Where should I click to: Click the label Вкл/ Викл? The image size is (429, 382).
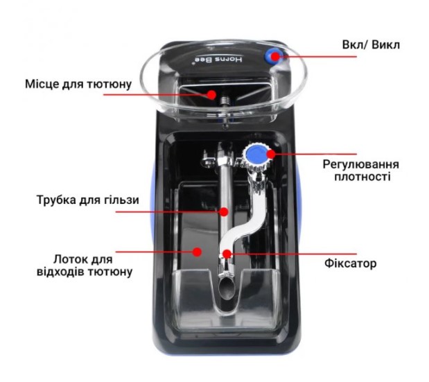[371, 45]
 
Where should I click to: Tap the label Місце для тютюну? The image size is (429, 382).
[78, 84]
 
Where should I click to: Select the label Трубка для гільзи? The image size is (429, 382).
[87, 200]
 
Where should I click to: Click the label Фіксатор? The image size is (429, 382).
[350, 263]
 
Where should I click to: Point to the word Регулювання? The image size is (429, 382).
[360, 164]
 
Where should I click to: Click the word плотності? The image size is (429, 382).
[362, 177]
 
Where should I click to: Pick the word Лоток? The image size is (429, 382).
[67, 259]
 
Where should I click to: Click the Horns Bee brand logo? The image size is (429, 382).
[218, 60]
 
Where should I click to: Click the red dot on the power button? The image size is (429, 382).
[275, 57]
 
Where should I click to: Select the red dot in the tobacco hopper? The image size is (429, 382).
[211, 95]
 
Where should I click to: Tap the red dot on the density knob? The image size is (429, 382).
[270, 154]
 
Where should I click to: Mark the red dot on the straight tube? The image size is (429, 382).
[224, 211]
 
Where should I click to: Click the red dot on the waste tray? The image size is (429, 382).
[197, 252]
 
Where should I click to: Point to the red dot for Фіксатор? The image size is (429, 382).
[227, 254]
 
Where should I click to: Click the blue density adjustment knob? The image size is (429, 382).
[256, 155]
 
